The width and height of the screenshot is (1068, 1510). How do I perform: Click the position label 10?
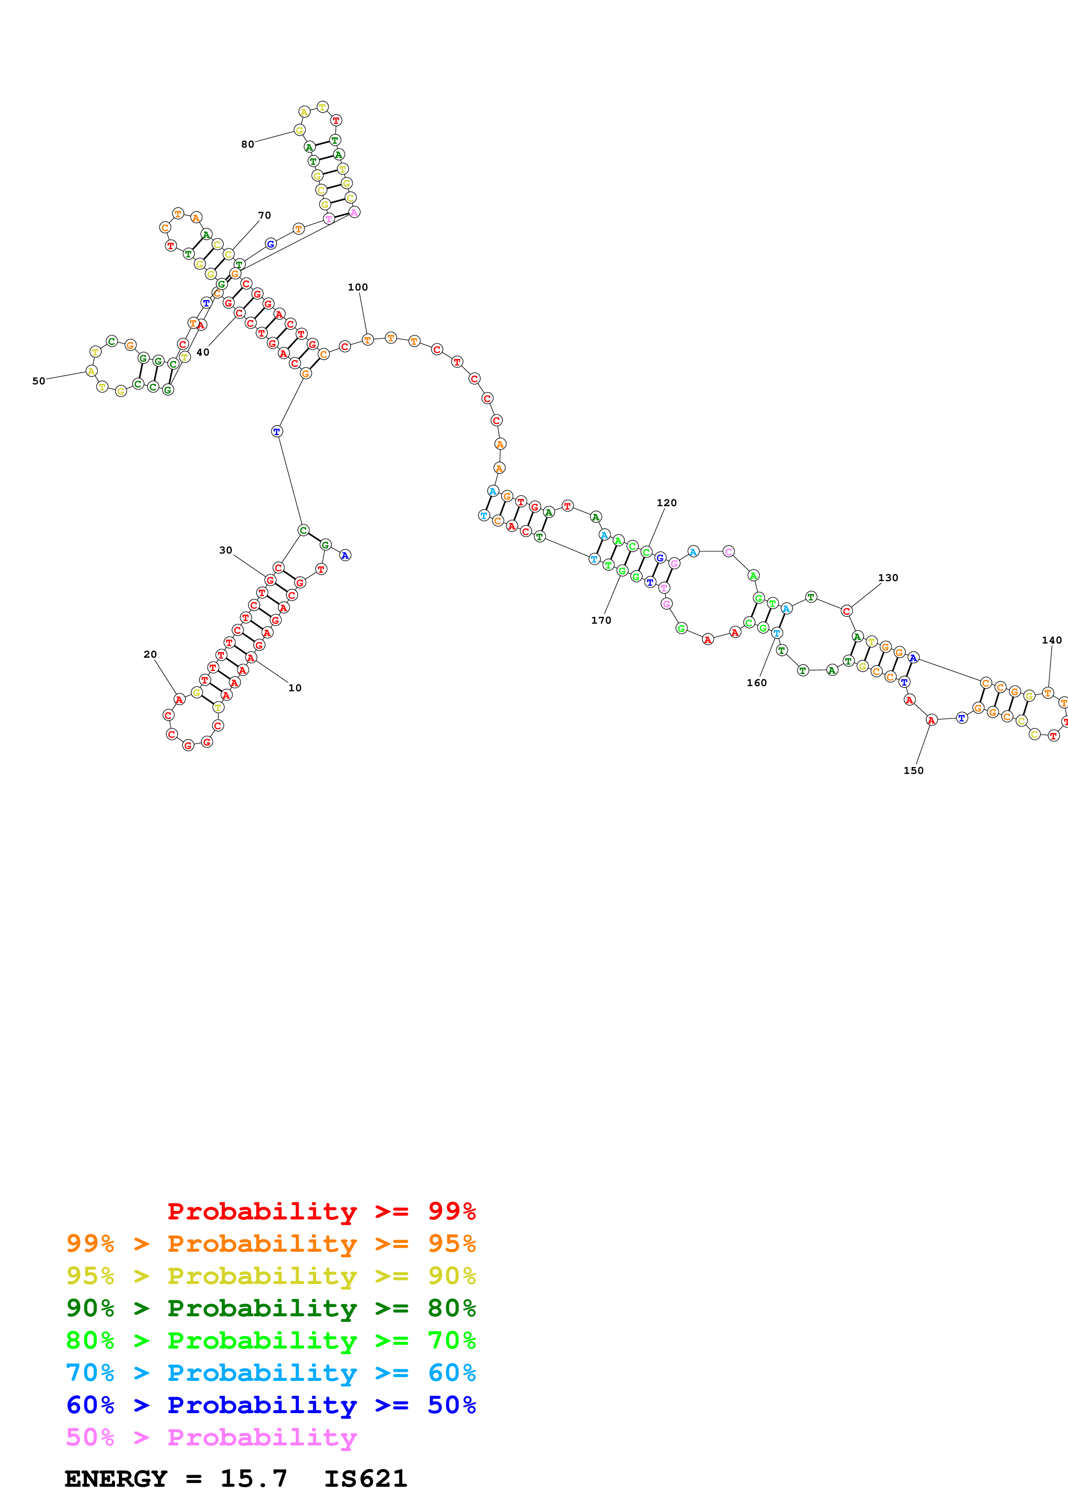pos(295,688)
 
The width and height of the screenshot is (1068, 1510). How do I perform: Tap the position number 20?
pos(150,654)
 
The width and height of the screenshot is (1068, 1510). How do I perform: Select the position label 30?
pos(226,551)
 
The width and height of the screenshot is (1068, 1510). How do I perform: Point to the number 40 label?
pos(202,353)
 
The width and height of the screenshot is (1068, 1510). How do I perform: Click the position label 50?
pos(39,381)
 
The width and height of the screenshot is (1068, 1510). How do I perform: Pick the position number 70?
pos(265,216)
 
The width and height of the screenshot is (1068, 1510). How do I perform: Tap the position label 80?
pos(247,145)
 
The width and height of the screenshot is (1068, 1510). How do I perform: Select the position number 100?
pos(358,288)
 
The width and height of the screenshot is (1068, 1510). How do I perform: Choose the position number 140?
pos(1052,641)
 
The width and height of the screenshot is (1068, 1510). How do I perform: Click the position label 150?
pos(913,771)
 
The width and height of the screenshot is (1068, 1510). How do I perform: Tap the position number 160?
pos(757,683)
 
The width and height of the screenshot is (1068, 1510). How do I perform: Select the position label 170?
pos(601,621)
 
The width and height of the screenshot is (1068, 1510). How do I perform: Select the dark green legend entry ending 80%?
pos(271,1308)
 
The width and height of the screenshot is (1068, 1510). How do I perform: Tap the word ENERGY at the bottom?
pos(116,1479)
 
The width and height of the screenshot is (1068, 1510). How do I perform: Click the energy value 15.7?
pos(254,1479)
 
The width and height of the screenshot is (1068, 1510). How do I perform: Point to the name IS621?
pos(366,1479)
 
